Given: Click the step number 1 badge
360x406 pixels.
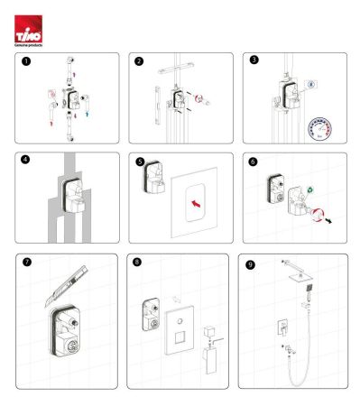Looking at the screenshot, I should pyautogui.click(x=27, y=62).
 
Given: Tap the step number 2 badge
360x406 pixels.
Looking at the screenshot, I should pyautogui.click(x=139, y=62).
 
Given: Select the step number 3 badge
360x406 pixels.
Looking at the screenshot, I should pyautogui.click(x=254, y=62).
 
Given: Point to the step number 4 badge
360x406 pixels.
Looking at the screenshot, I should pyautogui.click(x=27, y=162).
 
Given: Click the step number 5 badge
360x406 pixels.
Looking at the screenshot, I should pyautogui.click(x=139, y=162).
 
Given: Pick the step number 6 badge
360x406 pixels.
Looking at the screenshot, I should pyautogui.click(x=254, y=162).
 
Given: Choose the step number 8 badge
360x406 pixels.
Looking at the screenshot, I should pyautogui.click(x=137, y=263).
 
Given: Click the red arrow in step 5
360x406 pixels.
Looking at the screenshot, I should pyautogui.click(x=193, y=204).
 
